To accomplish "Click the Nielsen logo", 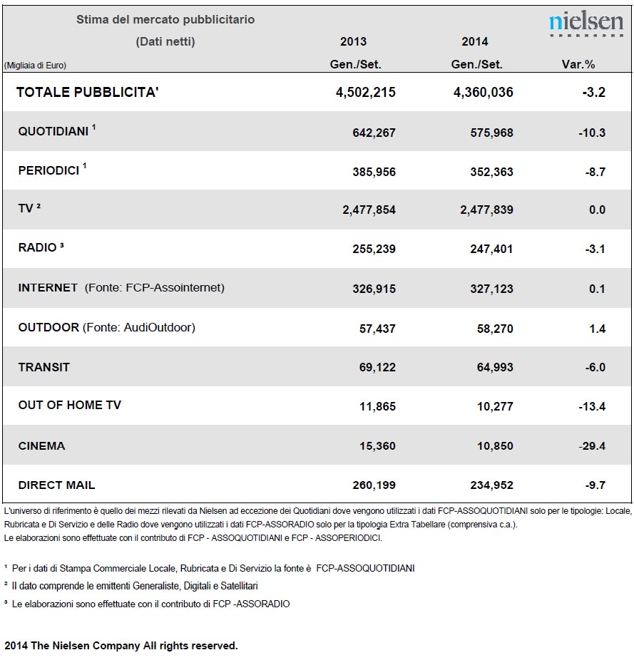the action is [x=586, y=24].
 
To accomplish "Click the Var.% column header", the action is [x=578, y=64].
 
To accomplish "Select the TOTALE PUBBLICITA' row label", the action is [x=87, y=92].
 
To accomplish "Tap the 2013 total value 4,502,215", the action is [x=366, y=92].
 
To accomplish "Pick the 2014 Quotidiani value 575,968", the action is [x=491, y=133].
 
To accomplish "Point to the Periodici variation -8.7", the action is [x=595, y=172].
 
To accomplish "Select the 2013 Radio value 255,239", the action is [x=374, y=249].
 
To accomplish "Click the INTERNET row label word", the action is [x=48, y=287].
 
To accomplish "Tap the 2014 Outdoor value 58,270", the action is [x=495, y=329].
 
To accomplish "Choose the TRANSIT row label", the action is [x=44, y=367].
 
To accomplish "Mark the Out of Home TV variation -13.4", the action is [x=592, y=406].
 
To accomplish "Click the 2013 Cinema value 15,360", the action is [x=377, y=445].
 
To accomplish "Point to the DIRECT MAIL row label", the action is [x=56, y=485].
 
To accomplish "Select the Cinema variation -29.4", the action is [x=592, y=445].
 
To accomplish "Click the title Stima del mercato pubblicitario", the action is [x=165, y=19].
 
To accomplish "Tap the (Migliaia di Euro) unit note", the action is [x=36, y=66].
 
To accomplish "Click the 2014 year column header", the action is [x=475, y=41].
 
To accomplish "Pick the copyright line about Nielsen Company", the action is [x=121, y=646].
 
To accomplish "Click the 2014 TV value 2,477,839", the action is [x=486, y=210].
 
